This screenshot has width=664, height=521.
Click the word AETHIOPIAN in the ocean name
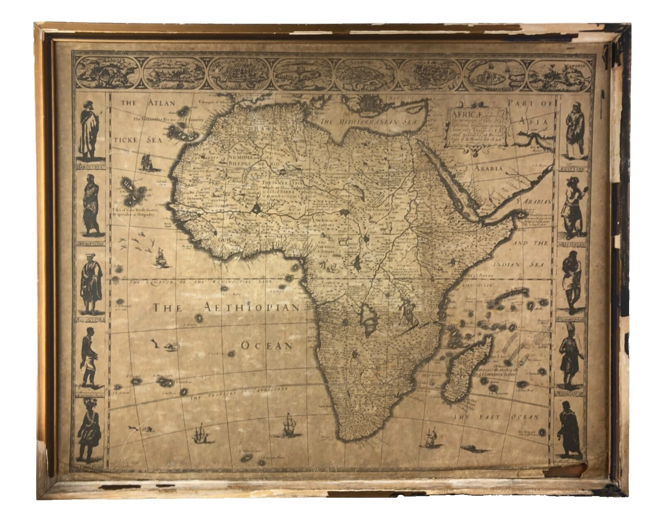[x=251, y=307]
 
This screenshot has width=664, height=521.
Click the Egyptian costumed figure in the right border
[x=575, y=131]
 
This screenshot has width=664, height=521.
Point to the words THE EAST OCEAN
[x=496, y=417]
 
